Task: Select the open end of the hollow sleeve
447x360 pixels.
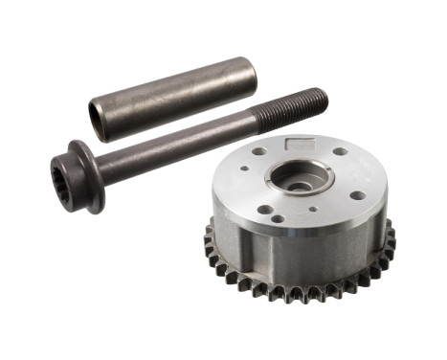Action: point(97,118)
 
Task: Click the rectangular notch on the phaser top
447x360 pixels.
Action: point(301,144)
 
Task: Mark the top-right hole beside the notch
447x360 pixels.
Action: point(341,151)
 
